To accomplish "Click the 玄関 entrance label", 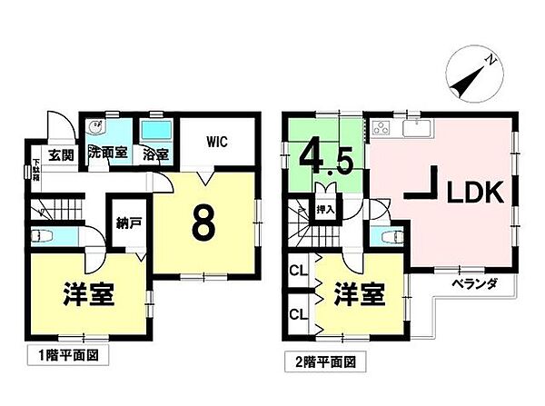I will click(x=61, y=154).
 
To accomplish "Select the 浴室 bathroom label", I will click(x=155, y=154).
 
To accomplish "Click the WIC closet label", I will click(x=216, y=142).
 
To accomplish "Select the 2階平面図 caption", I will click(x=321, y=361).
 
